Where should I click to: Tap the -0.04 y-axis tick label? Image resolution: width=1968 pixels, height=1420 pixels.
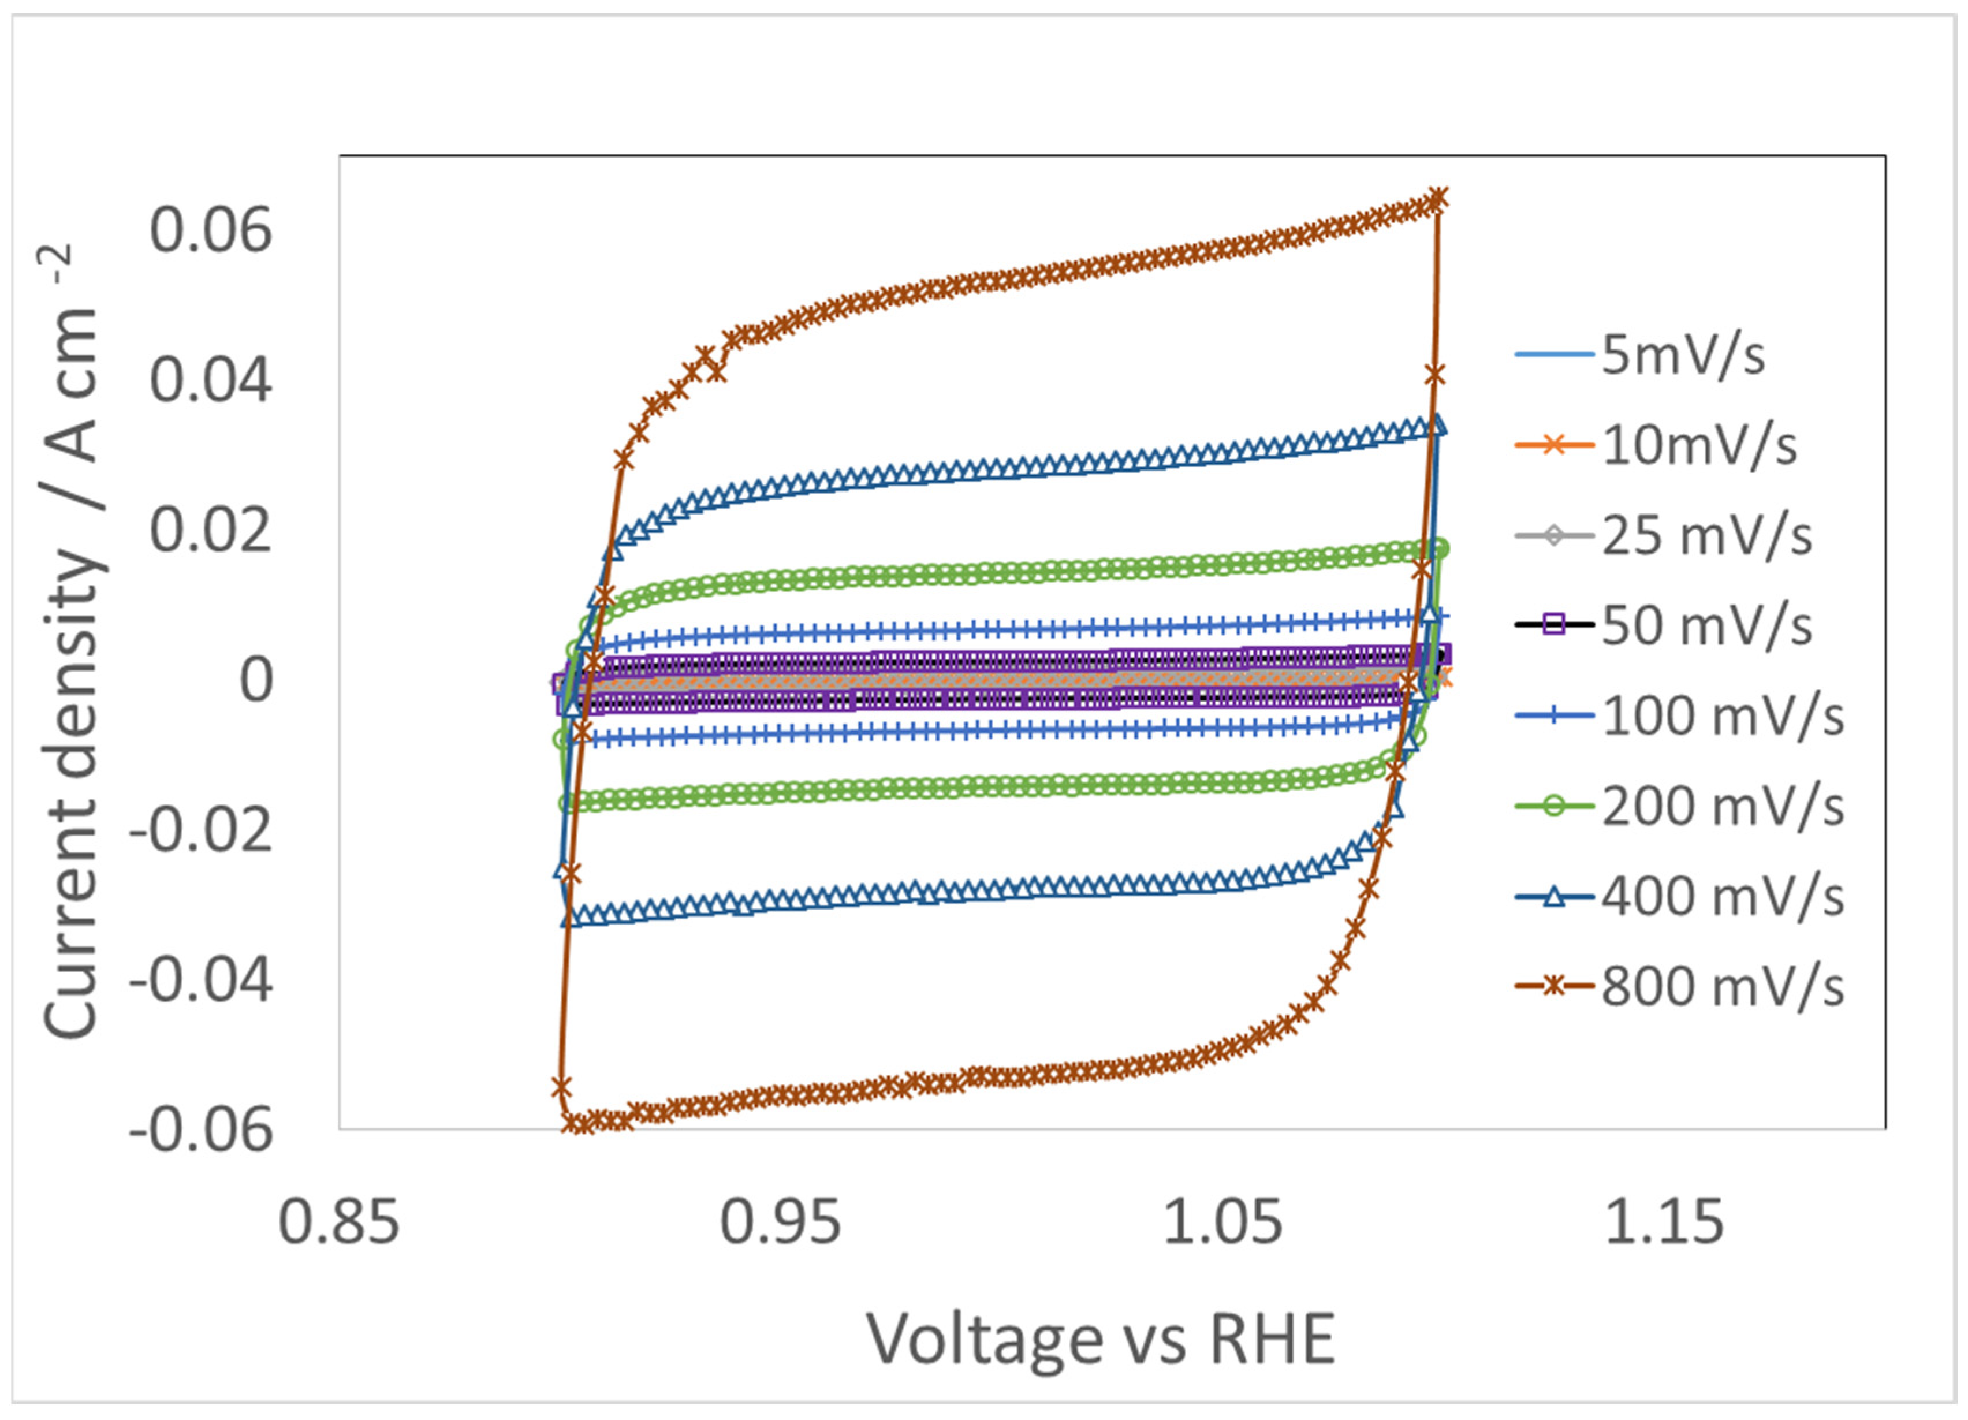click(202, 982)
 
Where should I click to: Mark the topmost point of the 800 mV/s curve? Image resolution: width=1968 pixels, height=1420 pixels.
click(1438, 198)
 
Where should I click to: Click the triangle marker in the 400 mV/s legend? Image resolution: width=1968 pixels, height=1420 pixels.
click(1555, 897)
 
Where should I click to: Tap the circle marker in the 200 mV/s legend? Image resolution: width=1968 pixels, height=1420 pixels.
click(1555, 806)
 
